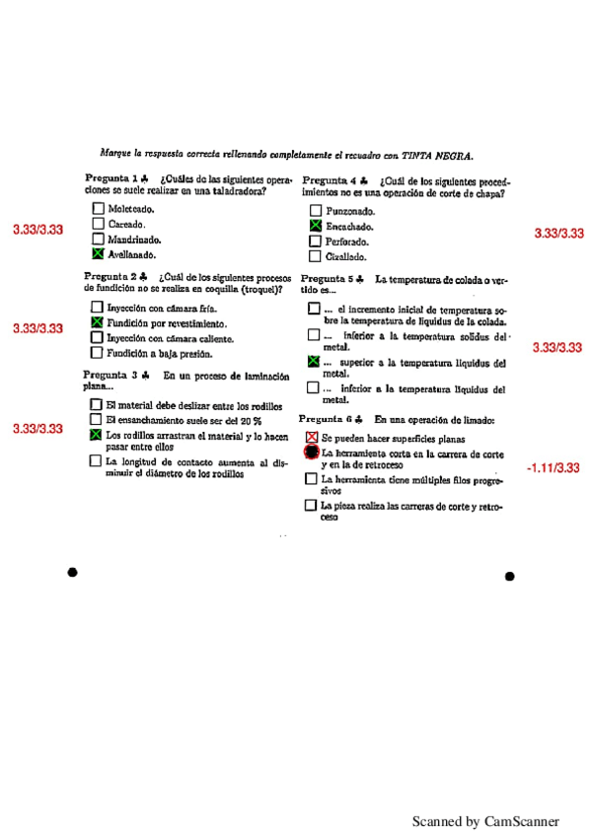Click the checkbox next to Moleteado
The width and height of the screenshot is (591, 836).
click(x=97, y=208)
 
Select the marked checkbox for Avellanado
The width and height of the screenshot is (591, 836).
click(x=97, y=252)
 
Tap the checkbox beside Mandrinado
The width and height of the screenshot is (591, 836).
click(x=97, y=238)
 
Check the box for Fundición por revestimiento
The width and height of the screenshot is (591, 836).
click(x=97, y=322)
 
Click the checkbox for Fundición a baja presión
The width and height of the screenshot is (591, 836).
click(x=97, y=352)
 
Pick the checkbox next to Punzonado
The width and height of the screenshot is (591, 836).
click(x=315, y=211)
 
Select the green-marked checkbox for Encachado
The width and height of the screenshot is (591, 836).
click(x=315, y=226)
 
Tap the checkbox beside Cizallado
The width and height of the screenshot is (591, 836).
click(x=315, y=256)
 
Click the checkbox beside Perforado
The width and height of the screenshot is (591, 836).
click(x=315, y=242)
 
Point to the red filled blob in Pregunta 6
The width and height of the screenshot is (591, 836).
click(x=312, y=453)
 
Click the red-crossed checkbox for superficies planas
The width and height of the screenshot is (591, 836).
click(x=312, y=437)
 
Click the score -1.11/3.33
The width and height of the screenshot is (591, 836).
click(x=553, y=467)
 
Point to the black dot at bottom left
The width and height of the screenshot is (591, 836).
click(x=72, y=573)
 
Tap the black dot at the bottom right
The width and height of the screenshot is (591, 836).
click(x=509, y=577)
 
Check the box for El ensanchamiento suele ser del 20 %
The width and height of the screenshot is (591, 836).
click(x=96, y=419)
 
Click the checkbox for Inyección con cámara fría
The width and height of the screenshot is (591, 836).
click(x=97, y=308)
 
